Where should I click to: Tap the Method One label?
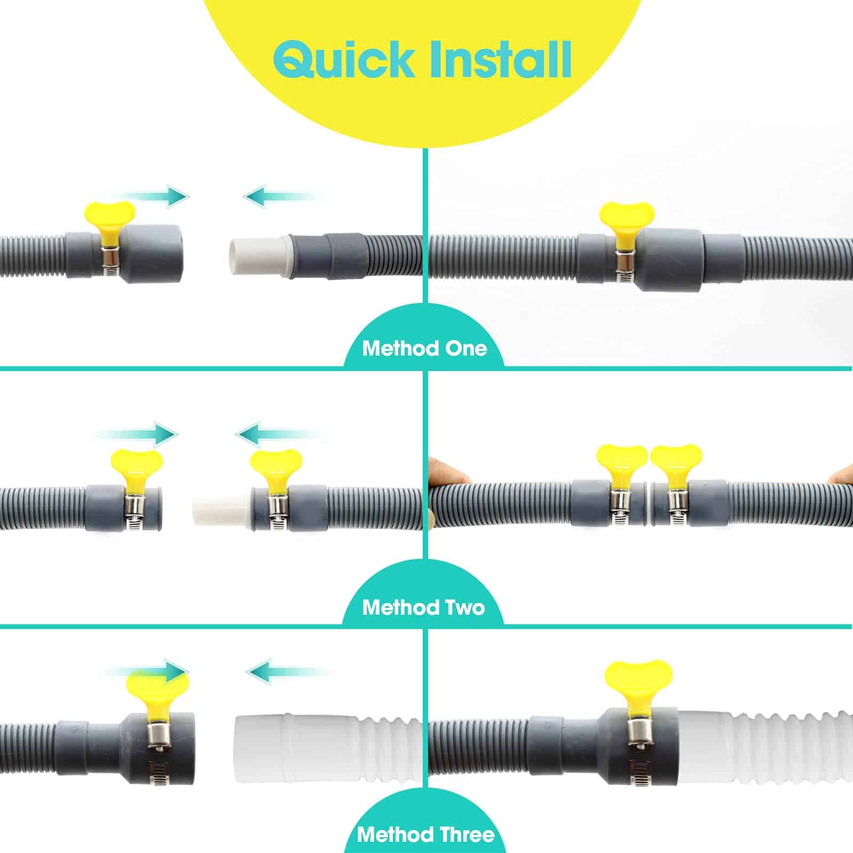point(424,349)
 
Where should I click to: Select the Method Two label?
point(423,607)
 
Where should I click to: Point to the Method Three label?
point(425,834)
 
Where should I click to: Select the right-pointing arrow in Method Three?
point(147,671)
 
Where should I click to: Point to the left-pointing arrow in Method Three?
point(291,671)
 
